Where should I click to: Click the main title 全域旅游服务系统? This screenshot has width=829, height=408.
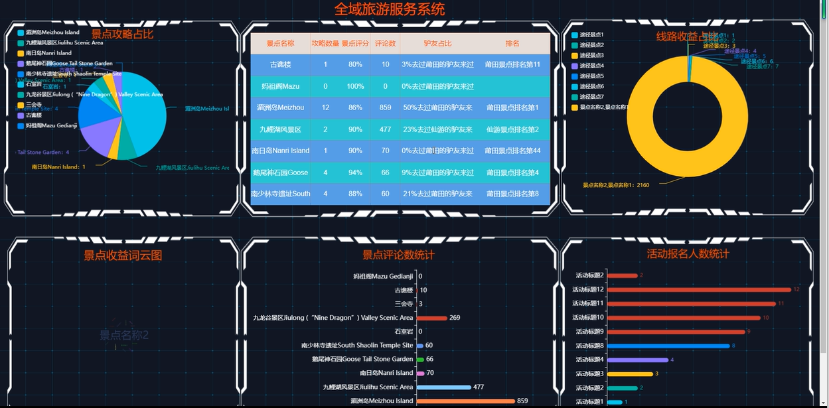click(390, 9)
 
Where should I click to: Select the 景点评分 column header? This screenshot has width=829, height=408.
click(355, 44)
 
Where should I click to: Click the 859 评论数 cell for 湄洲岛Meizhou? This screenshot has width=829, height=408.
click(385, 107)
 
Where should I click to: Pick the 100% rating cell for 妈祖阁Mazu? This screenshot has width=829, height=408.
click(355, 86)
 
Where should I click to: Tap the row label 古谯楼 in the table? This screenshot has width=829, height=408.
click(280, 64)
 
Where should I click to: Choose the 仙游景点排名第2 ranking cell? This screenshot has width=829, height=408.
click(512, 129)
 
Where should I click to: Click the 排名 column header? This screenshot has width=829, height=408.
click(512, 44)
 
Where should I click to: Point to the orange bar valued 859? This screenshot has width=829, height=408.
click(465, 401)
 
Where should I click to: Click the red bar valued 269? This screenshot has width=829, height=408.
click(431, 318)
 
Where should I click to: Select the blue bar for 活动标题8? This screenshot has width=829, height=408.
click(668, 346)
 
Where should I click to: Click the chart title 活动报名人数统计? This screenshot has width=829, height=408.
click(688, 253)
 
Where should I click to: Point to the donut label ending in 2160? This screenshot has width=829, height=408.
click(615, 185)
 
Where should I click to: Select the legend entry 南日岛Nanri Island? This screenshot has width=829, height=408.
click(48, 53)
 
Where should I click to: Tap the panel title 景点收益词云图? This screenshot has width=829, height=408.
click(123, 255)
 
